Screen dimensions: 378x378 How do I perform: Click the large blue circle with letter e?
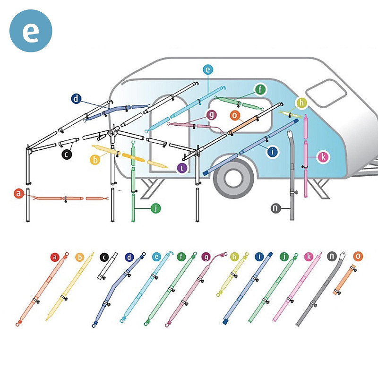click(31, 31)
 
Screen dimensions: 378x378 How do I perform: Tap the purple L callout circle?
click(182, 168)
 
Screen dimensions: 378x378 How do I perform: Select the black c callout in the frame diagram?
click(67, 155)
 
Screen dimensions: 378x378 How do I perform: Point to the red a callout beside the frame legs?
click(19, 193)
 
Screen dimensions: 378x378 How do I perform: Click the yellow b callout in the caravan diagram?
click(95, 160)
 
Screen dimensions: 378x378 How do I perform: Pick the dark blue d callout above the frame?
click(76, 99)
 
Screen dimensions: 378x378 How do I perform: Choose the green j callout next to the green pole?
click(156, 208)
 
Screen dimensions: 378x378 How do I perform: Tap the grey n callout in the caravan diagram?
click(276, 208)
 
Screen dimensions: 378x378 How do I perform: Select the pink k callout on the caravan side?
click(323, 157)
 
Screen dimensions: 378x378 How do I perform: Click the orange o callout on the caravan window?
click(234, 115)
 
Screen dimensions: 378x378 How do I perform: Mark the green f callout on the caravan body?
click(260, 89)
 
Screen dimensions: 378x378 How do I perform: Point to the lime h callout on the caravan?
click(301, 103)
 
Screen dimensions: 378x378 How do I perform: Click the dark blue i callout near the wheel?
click(273, 152)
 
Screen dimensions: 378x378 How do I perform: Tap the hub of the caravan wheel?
click(233, 179)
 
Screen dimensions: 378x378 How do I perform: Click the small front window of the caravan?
click(326, 93)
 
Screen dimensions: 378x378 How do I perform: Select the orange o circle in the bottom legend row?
click(358, 256)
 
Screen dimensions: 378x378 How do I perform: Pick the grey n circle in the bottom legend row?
click(332, 256)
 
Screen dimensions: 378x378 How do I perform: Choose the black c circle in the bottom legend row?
click(104, 257)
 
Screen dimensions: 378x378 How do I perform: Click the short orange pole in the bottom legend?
click(345, 280)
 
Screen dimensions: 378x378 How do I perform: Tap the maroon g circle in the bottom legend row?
click(206, 257)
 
